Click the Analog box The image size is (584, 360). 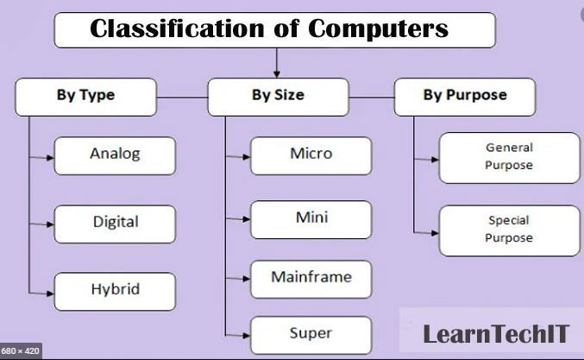(x=115, y=155)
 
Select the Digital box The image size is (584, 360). (x=115, y=224)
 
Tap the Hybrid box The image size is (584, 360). (x=115, y=292)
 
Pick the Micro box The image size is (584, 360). (x=311, y=155)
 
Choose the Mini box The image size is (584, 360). (x=311, y=219)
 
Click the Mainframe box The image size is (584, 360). (x=311, y=279)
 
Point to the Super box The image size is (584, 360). (x=311, y=335)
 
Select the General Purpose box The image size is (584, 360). (x=510, y=158)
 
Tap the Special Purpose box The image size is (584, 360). (x=510, y=231)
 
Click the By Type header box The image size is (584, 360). (x=85, y=97)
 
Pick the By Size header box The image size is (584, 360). (x=279, y=97)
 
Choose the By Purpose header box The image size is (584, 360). (x=465, y=97)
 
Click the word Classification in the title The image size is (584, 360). (x=178, y=28)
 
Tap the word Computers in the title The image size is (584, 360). (x=379, y=29)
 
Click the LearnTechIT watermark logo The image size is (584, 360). (x=496, y=334)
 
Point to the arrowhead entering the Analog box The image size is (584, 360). (x=50, y=158)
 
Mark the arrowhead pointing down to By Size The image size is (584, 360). (x=276, y=73)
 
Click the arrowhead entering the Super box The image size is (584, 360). (x=247, y=336)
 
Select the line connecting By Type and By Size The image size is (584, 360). (x=182, y=98)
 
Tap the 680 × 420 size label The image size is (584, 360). (x=21, y=351)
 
